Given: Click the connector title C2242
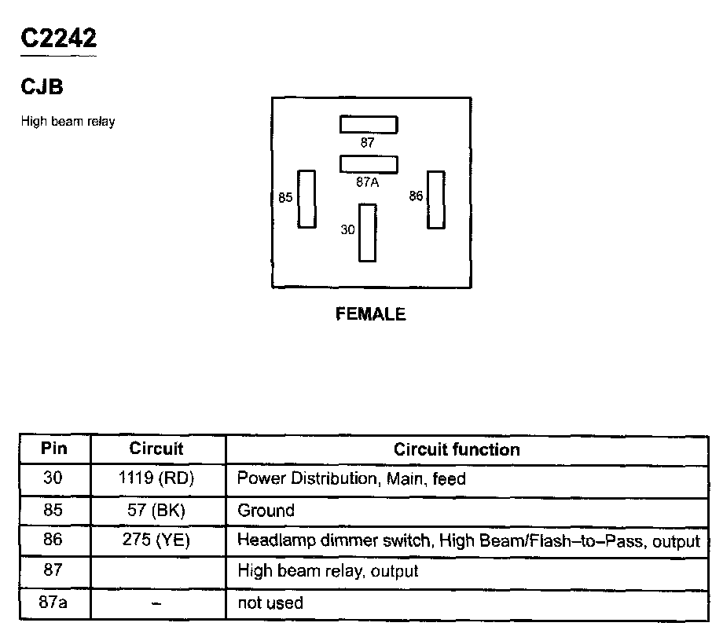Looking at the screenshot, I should [x=59, y=38].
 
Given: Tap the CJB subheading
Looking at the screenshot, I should [x=42, y=86].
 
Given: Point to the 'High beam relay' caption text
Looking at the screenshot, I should [x=68, y=122].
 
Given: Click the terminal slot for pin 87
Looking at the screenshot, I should [x=369, y=124].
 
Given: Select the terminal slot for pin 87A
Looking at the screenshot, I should [x=369, y=163].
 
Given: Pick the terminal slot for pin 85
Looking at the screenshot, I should [x=306, y=199].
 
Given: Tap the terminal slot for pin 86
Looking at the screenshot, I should [x=435, y=200].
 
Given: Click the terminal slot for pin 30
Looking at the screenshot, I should [x=367, y=233].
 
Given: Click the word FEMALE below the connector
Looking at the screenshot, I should [x=371, y=314].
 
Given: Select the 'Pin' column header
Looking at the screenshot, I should [x=54, y=449].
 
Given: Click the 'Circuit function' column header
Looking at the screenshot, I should [x=457, y=449].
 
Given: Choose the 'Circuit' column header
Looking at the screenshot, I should [x=156, y=449].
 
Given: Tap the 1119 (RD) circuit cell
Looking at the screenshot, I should [x=156, y=478].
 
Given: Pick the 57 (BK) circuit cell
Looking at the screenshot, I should [x=156, y=510].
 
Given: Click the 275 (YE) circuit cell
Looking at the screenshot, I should [x=156, y=540].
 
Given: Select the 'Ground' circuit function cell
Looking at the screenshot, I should [x=266, y=510].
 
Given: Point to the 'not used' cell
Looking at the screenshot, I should [x=270, y=603].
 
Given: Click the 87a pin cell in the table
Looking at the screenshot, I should [x=54, y=603].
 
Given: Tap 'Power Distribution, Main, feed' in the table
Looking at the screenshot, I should [x=351, y=478].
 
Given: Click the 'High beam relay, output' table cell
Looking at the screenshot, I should [x=328, y=571].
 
